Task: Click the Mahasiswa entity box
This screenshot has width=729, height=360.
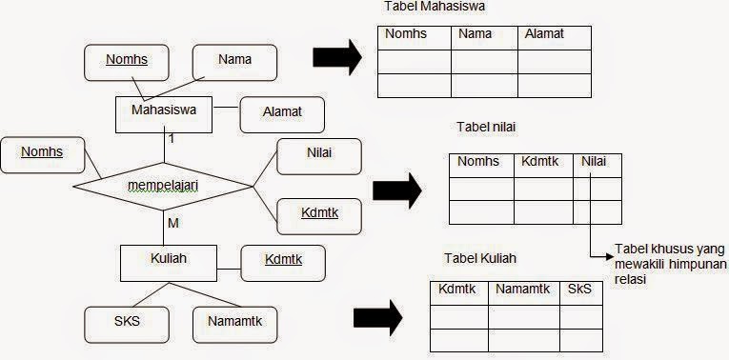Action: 164,112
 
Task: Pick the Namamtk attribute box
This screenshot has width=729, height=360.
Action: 234,321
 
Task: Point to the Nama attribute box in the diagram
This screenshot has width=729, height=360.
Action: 234,60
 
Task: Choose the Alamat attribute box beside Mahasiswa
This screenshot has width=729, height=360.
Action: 282,111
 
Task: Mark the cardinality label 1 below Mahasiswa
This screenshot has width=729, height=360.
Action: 172,139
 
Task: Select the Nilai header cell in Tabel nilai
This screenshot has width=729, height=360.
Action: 597,163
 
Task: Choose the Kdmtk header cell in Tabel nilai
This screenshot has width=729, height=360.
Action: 542,163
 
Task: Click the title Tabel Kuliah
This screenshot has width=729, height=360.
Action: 481,259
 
